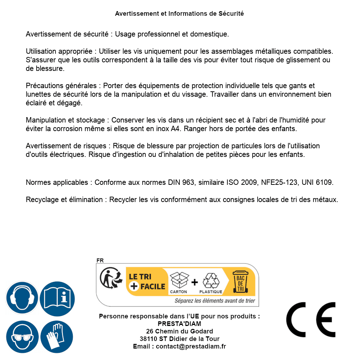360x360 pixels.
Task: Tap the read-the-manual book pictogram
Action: click(x=57, y=298)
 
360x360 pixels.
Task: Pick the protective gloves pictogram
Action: click(x=57, y=337)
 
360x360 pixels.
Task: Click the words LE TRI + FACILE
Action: click(x=147, y=281)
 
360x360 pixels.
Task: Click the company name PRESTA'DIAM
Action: click(x=179, y=324)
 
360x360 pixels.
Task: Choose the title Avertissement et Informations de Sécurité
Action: click(x=179, y=14)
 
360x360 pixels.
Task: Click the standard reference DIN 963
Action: click(x=181, y=182)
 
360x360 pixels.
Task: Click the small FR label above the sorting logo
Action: click(x=100, y=260)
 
